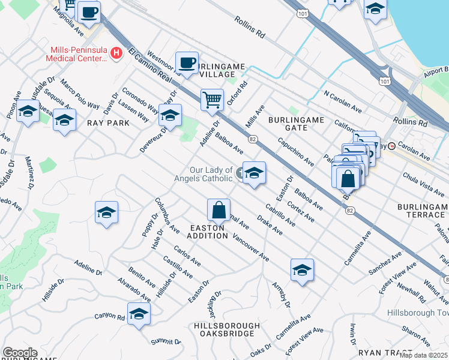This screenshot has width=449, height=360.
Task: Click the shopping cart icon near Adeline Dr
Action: [x=212, y=100]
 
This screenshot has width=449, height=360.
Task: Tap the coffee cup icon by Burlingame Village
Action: [x=187, y=62]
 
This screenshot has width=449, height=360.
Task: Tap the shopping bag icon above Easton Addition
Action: [x=218, y=210]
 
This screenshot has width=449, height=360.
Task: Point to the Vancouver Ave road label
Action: [x=250, y=247]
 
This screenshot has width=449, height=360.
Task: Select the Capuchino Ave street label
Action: [x=295, y=152]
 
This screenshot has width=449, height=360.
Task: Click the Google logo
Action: [x=20, y=353]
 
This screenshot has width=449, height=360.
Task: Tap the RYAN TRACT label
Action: [x=385, y=353]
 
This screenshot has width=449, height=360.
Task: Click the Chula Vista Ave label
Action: [x=423, y=179]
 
